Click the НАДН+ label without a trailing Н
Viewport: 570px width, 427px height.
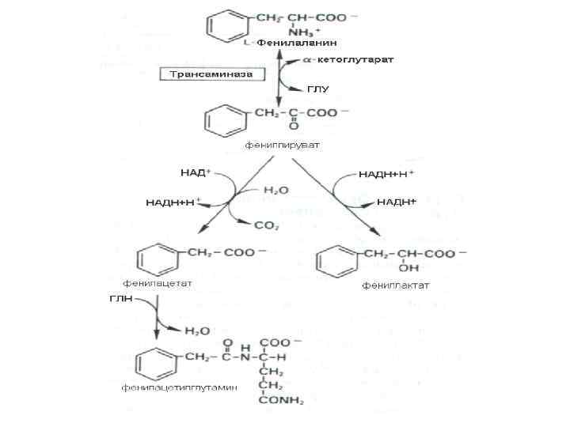tap(396, 202)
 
